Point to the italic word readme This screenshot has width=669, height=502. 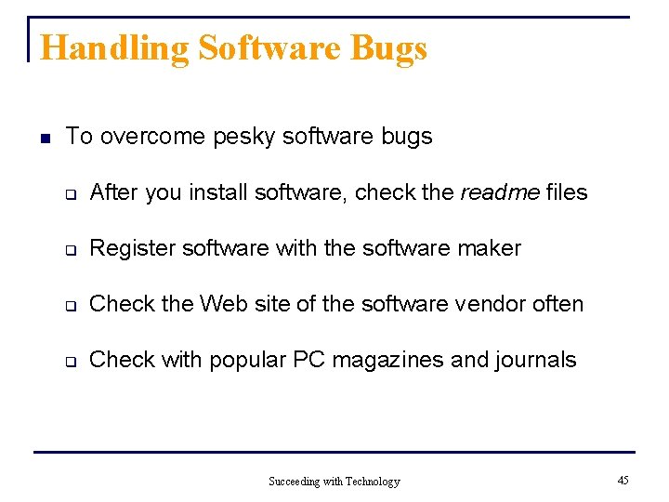[x=500, y=192]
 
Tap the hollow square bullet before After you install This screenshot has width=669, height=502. [x=69, y=193]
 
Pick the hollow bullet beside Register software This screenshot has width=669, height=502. [x=69, y=249]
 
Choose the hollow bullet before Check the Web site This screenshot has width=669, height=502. [x=69, y=305]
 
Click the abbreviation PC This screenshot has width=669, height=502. [x=309, y=360]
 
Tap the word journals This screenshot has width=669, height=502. [x=536, y=360]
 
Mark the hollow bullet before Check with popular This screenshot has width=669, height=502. [x=69, y=361]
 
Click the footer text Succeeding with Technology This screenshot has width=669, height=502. [x=334, y=482]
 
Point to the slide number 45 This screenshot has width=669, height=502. [x=623, y=480]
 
